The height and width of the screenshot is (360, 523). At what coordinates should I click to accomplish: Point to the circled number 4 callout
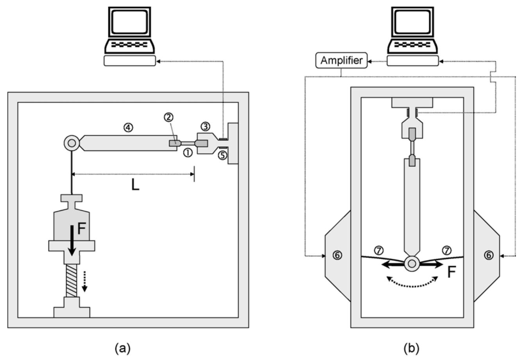pyautogui.click(x=128, y=126)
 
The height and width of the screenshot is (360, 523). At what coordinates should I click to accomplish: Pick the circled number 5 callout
pyautogui.click(x=222, y=155)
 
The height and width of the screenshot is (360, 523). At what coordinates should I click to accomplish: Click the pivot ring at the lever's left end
pyautogui.click(x=72, y=143)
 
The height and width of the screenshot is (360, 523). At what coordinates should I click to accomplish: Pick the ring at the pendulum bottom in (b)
pyautogui.click(x=412, y=264)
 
